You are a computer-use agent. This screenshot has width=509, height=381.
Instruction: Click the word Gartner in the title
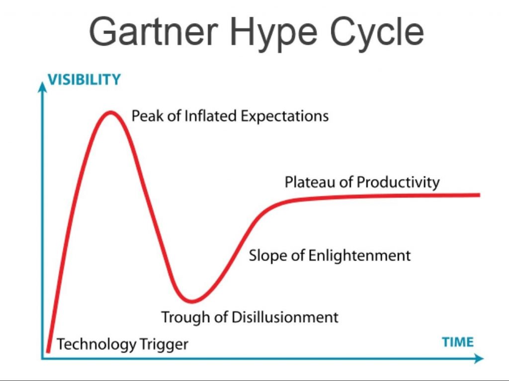[x=154, y=32]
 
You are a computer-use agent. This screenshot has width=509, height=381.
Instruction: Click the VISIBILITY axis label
[x=85, y=79]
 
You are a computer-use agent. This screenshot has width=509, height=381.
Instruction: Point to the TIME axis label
[x=458, y=342]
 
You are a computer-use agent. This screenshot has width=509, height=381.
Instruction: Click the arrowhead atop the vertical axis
[x=42, y=87]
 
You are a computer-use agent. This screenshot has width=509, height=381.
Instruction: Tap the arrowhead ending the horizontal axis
[x=479, y=359]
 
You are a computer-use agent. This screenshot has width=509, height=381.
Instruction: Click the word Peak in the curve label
[x=148, y=116]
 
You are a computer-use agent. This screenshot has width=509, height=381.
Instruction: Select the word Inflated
[x=210, y=116]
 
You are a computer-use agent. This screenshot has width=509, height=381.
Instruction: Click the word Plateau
[x=310, y=182]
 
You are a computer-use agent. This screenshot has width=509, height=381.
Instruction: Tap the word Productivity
[x=398, y=182]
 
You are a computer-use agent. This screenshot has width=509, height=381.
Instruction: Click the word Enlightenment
[x=359, y=256]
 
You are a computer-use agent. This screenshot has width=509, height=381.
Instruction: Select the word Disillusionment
[x=285, y=317]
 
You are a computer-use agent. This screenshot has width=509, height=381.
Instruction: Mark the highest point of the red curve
[x=111, y=113]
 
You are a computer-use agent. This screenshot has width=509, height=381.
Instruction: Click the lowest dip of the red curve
[x=192, y=301]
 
